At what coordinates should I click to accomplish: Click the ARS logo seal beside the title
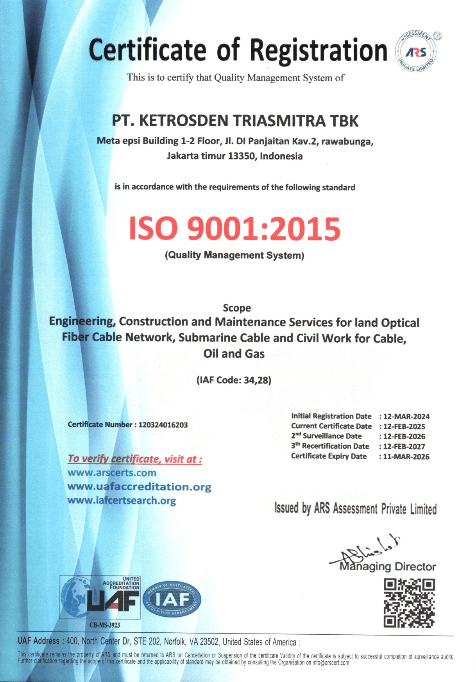coord(416,52)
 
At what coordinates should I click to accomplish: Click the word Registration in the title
coord(318,50)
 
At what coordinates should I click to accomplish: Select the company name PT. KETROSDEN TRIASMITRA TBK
coord(235,121)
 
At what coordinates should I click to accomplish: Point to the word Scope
coord(237,308)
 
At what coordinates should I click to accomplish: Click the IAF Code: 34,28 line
coord(234,380)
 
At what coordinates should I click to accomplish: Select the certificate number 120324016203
coord(163,425)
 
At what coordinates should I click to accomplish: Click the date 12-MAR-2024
coord(406,417)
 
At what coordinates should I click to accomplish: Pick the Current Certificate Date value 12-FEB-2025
coord(404,427)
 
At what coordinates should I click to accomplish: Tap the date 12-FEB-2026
coord(404,437)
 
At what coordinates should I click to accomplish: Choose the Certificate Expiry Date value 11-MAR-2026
coord(406,456)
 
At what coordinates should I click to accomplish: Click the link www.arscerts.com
coord(112,473)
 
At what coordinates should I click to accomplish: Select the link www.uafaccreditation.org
coord(139,487)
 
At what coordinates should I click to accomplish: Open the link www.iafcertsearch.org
coord(122,501)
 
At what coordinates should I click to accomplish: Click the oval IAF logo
coord(172,599)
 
